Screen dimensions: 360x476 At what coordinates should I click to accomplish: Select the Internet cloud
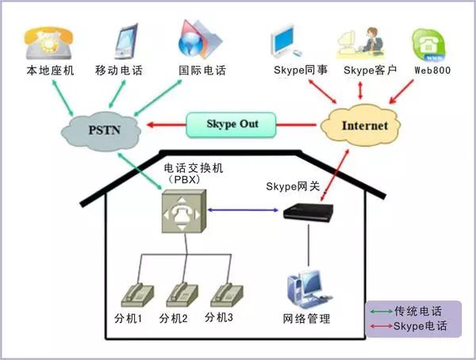(364, 125)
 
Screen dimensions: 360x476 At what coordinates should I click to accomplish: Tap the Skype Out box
(232, 124)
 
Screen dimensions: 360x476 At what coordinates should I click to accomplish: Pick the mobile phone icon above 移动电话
(125, 41)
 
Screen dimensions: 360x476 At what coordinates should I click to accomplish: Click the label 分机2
(173, 319)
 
